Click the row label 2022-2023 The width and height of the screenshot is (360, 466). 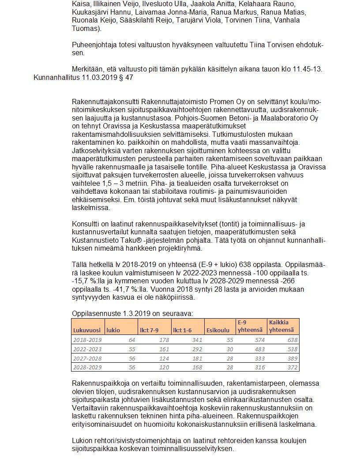click(87, 349)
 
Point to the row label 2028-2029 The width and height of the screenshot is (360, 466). click(87, 367)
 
